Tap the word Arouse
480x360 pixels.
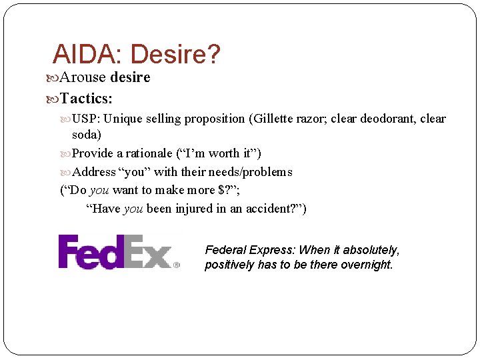tap(83, 77)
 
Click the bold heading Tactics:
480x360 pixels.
tap(86, 99)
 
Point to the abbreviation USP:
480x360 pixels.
tap(86, 119)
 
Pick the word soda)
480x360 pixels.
tap(87, 134)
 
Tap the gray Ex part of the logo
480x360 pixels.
tap(151, 251)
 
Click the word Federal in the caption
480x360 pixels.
tap(225, 250)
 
